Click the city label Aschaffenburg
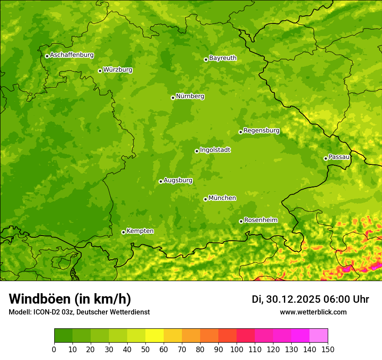(72, 55)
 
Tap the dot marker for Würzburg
(100, 71)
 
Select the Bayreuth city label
(223, 58)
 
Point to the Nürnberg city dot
(173, 98)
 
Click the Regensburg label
(261, 131)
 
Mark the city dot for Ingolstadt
(197, 151)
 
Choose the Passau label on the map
(339, 157)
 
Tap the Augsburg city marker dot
(161, 181)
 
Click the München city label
(222, 198)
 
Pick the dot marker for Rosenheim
(241, 221)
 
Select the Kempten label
(140, 231)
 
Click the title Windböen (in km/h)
(69, 299)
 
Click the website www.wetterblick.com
(313, 312)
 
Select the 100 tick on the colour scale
(237, 349)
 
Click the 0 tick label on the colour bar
(54, 349)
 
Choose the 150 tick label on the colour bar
(328, 349)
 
